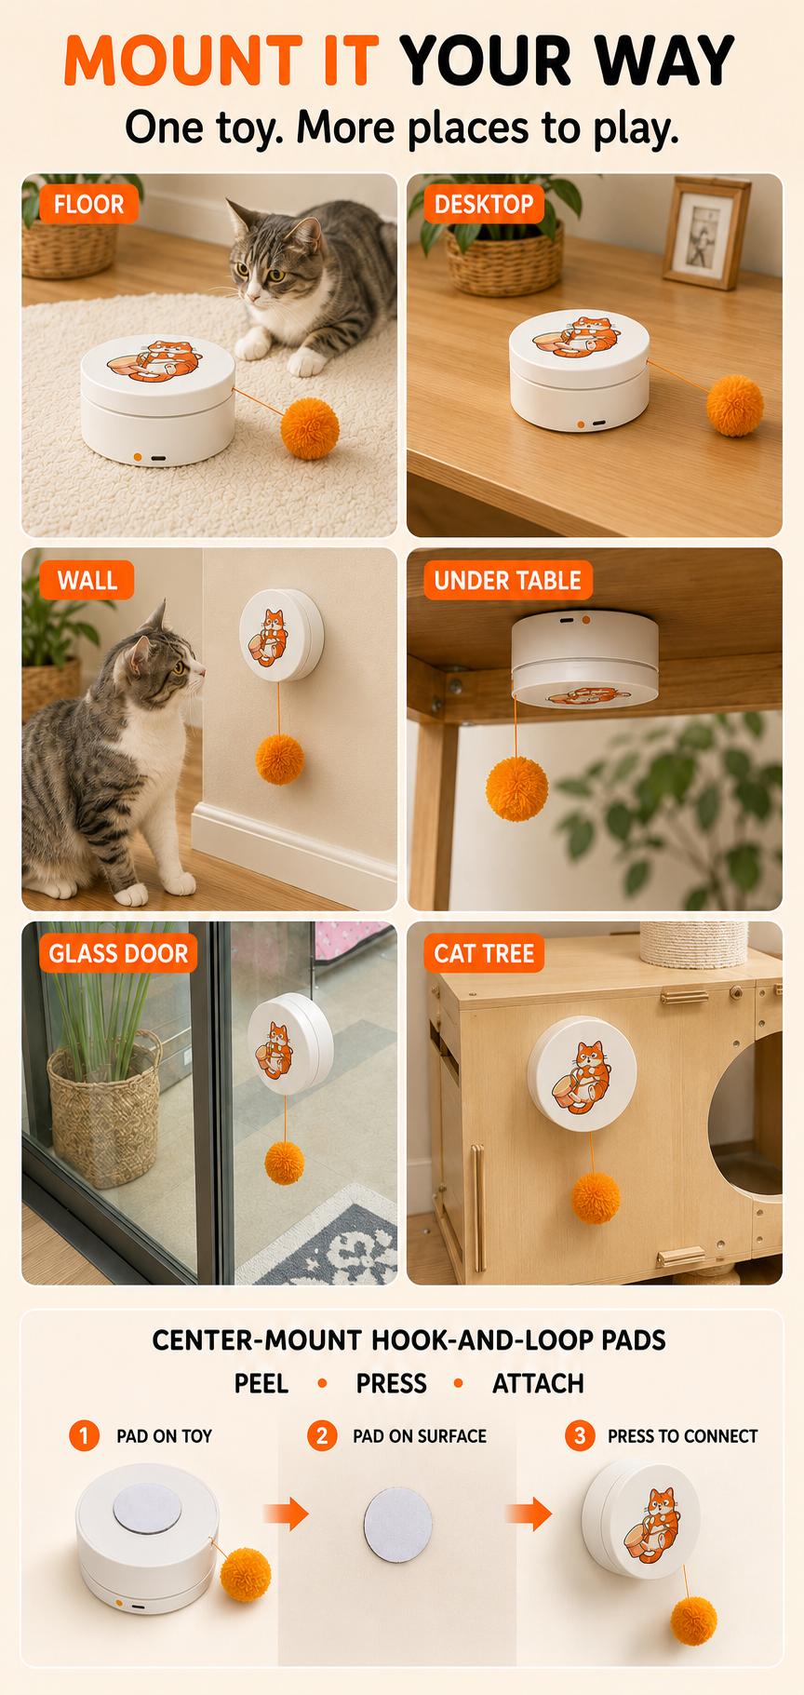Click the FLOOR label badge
point(88,204)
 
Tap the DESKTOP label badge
point(484,204)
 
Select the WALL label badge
point(87,580)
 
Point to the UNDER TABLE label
point(507,580)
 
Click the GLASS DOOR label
point(118,953)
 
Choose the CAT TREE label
point(484,953)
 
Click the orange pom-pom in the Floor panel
point(310,428)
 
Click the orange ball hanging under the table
point(516,788)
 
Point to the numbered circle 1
point(84,1435)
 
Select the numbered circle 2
point(322,1435)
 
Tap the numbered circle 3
point(580,1435)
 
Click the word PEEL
point(261,1384)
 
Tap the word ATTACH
point(538,1384)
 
